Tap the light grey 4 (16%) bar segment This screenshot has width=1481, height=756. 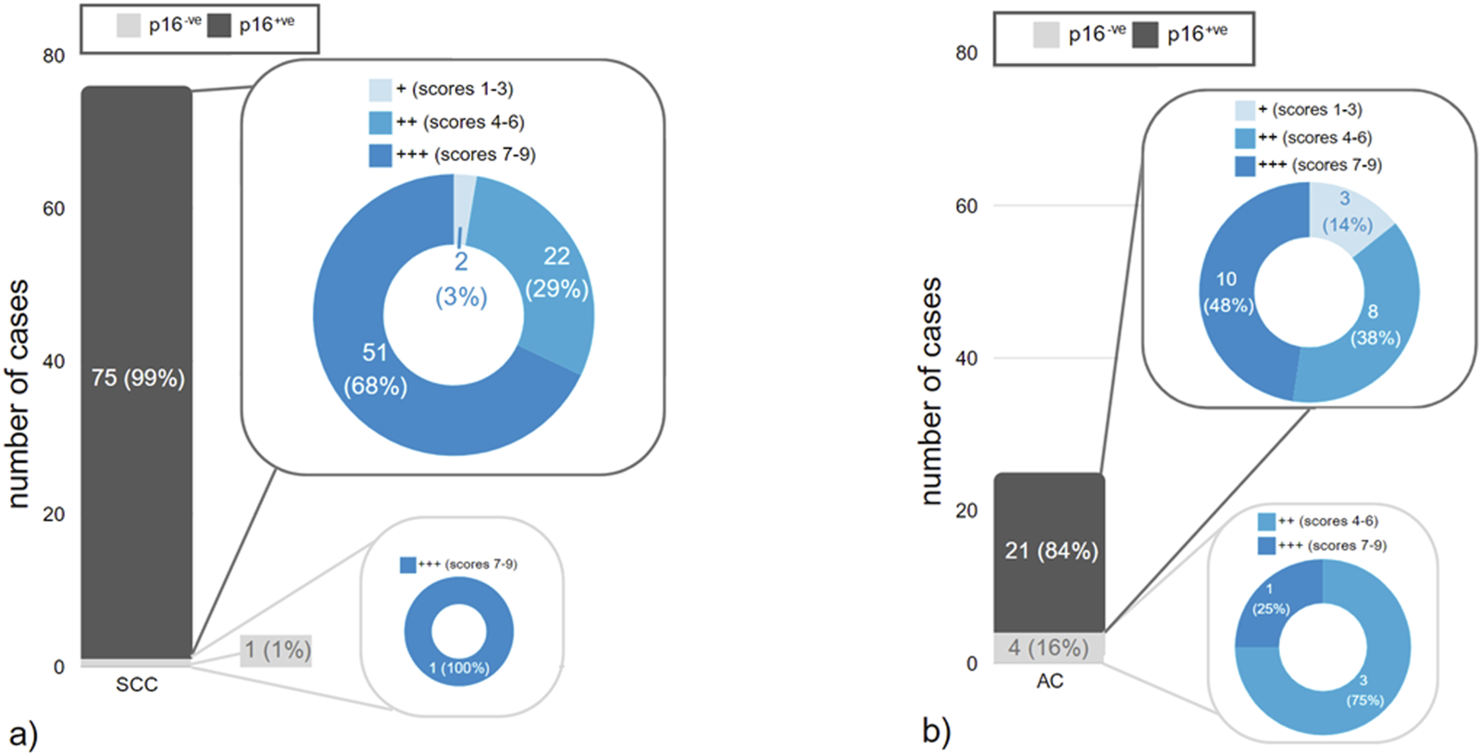pyautogui.click(x=1049, y=648)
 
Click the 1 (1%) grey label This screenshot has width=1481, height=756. pyautogui.click(x=277, y=651)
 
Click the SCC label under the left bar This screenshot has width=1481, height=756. pyautogui.click(x=136, y=685)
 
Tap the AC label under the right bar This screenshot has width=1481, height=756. pyautogui.click(x=1049, y=681)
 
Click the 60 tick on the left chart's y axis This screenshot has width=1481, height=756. pyautogui.click(x=54, y=208)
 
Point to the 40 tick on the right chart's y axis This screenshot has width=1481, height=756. pyautogui.click(x=965, y=358)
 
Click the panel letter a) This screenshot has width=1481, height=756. pyautogui.click(x=23, y=735)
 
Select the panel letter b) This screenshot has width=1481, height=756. pyautogui.click(x=936, y=731)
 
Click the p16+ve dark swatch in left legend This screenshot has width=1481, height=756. pyautogui.click(x=218, y=26)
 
